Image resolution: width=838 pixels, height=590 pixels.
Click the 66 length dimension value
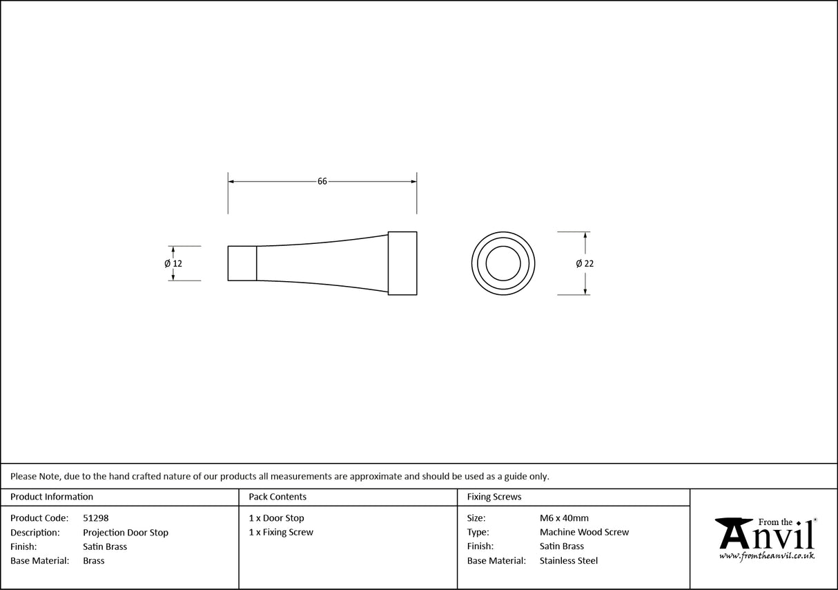tap(322, 182)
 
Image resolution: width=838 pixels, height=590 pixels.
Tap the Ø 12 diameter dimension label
tap(173, 263)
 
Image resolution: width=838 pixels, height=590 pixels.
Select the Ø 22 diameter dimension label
tap(585, 263)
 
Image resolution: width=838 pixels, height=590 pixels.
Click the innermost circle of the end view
tap(503, 263)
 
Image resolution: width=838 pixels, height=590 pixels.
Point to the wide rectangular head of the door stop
tap(402, 263)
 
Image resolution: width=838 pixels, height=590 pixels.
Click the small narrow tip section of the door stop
tap(242, 263)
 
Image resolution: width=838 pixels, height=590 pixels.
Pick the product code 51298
tap(95, 518)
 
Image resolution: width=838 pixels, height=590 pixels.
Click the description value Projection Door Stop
tap(126, 533)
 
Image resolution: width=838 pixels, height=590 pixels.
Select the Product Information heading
tap(52, 497)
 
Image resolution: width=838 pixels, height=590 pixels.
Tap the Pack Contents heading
tap(277, 497)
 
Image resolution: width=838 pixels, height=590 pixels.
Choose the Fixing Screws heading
tap(494, 497)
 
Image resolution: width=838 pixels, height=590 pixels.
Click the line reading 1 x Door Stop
tap(276, 518)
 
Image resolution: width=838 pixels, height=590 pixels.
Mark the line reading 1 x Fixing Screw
tap(281, 533)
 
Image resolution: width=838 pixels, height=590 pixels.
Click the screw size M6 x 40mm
tap(564, 518)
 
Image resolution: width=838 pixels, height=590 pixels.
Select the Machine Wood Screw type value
tap(584, 533)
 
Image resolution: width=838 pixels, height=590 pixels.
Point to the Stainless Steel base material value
tap(569, 561)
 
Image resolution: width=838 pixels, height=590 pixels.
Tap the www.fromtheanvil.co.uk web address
tap(766, 555)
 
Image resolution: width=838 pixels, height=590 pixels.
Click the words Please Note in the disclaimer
tap(34, 476)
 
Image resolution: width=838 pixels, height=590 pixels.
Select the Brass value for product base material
tap(94, 561)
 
